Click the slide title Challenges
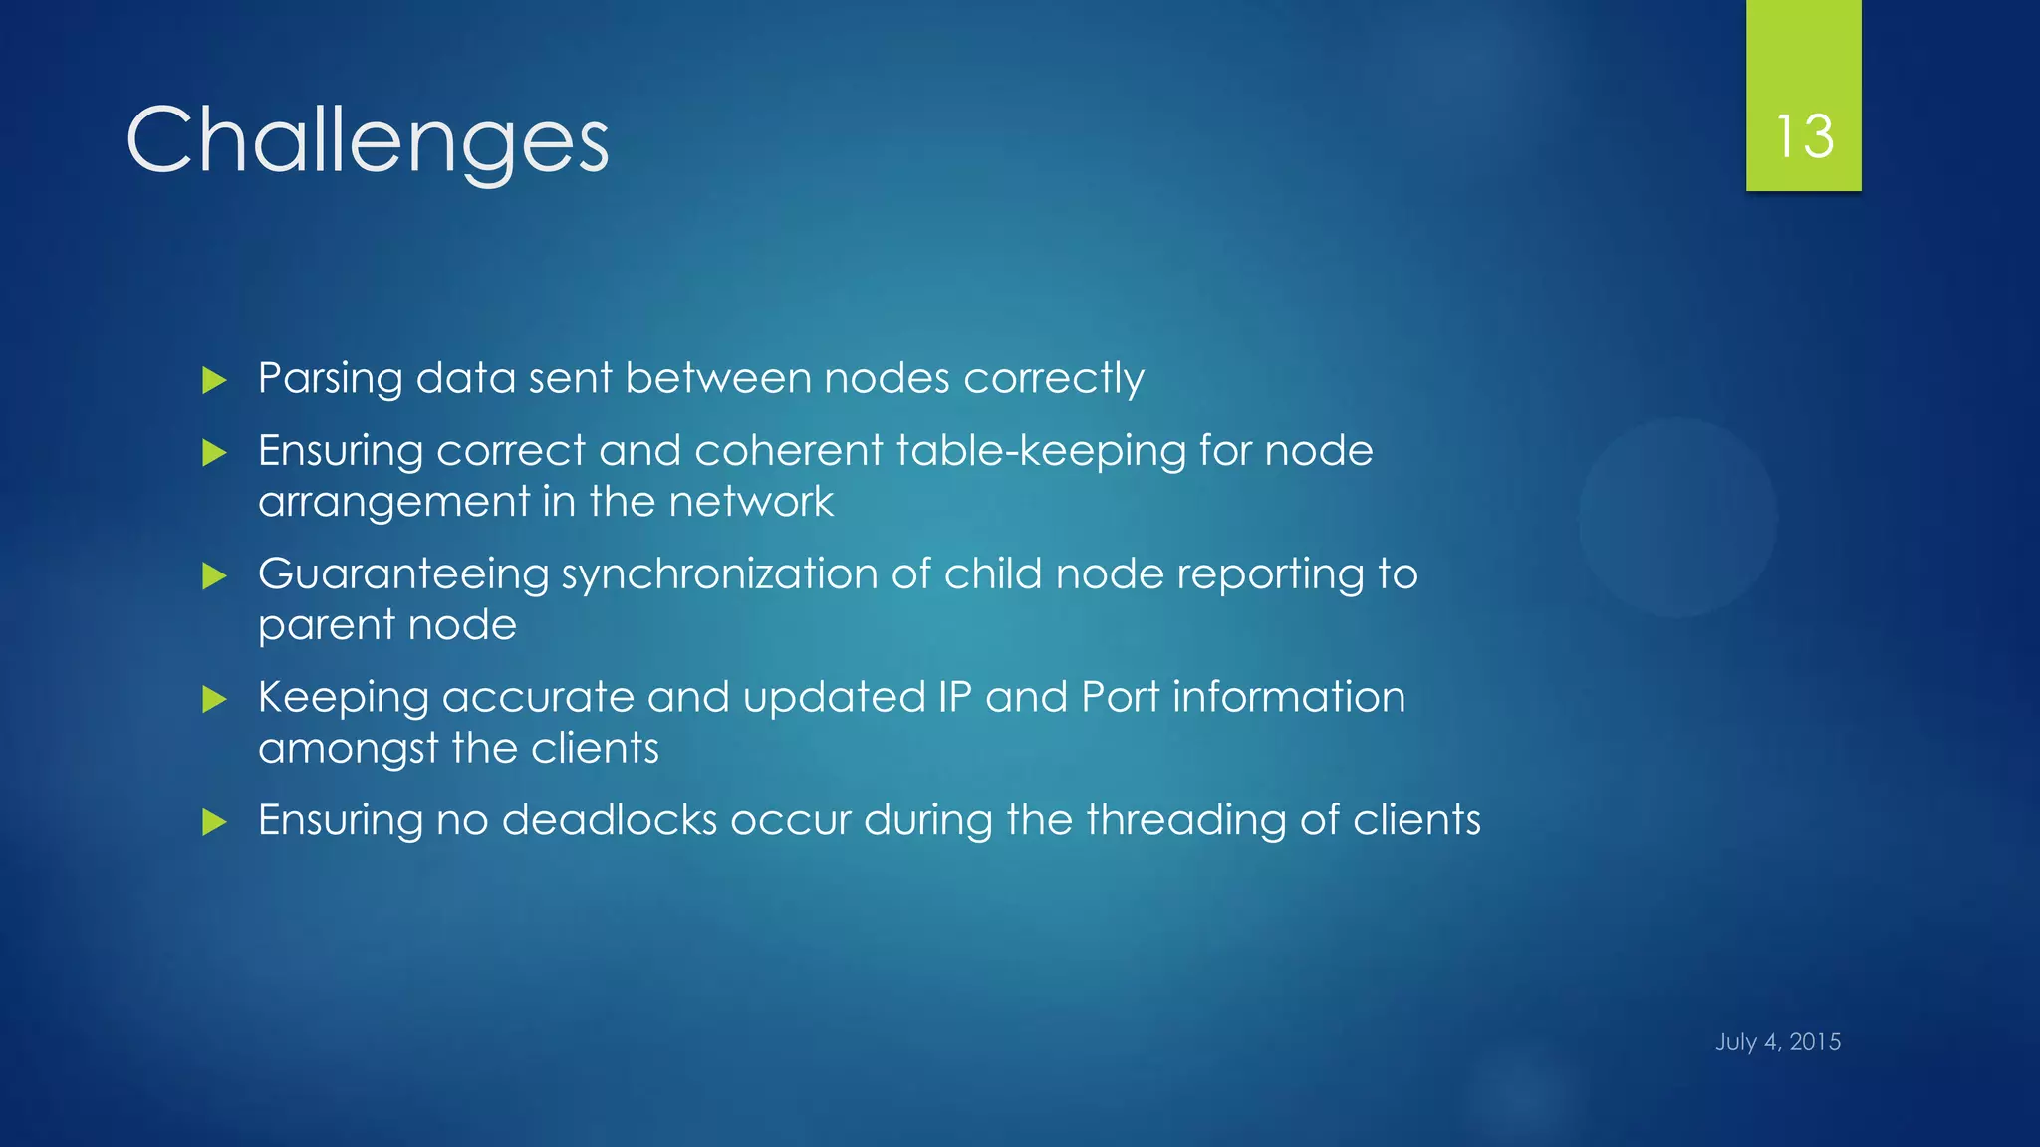[367, 141]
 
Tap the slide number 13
[1804, 136]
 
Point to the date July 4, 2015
[1778, 1042]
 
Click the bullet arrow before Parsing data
[214, 380]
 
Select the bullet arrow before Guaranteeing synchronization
[214, 575]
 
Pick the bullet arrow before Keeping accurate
[214, 699]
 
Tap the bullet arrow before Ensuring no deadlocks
[214, 822]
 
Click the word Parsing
[330, 380]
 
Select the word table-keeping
[1041, 451]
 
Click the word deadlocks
[610, 820]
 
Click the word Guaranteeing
[403, 575]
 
